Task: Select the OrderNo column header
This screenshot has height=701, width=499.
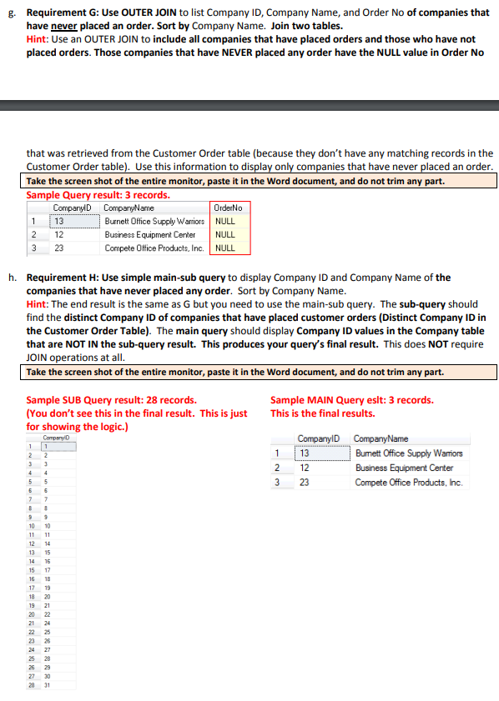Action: pyautogui.click(x=228, y=208)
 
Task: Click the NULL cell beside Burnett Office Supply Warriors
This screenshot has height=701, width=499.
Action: pyautogui.click(x=224, y=221)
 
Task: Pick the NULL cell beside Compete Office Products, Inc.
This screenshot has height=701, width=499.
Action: pyautogui.click(x=224, y=248)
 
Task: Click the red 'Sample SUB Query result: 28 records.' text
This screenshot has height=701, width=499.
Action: pyautogui.click(x=111, y=400)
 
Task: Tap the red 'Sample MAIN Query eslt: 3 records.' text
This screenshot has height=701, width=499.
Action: pyautogui.click(x=351, y=400)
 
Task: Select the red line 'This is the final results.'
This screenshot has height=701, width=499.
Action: pyautogui.click(x=322, y=413)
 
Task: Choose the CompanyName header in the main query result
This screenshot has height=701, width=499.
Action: pyautogui.click(x=381, y=439)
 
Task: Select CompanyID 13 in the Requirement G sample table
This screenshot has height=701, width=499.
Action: pyautogui.click(x=60, y=221)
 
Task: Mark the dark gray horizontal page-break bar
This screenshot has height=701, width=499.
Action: pyautogui.click(x=249, y=106)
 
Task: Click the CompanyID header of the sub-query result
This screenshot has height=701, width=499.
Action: pyautogui.click(x=55, y=437)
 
